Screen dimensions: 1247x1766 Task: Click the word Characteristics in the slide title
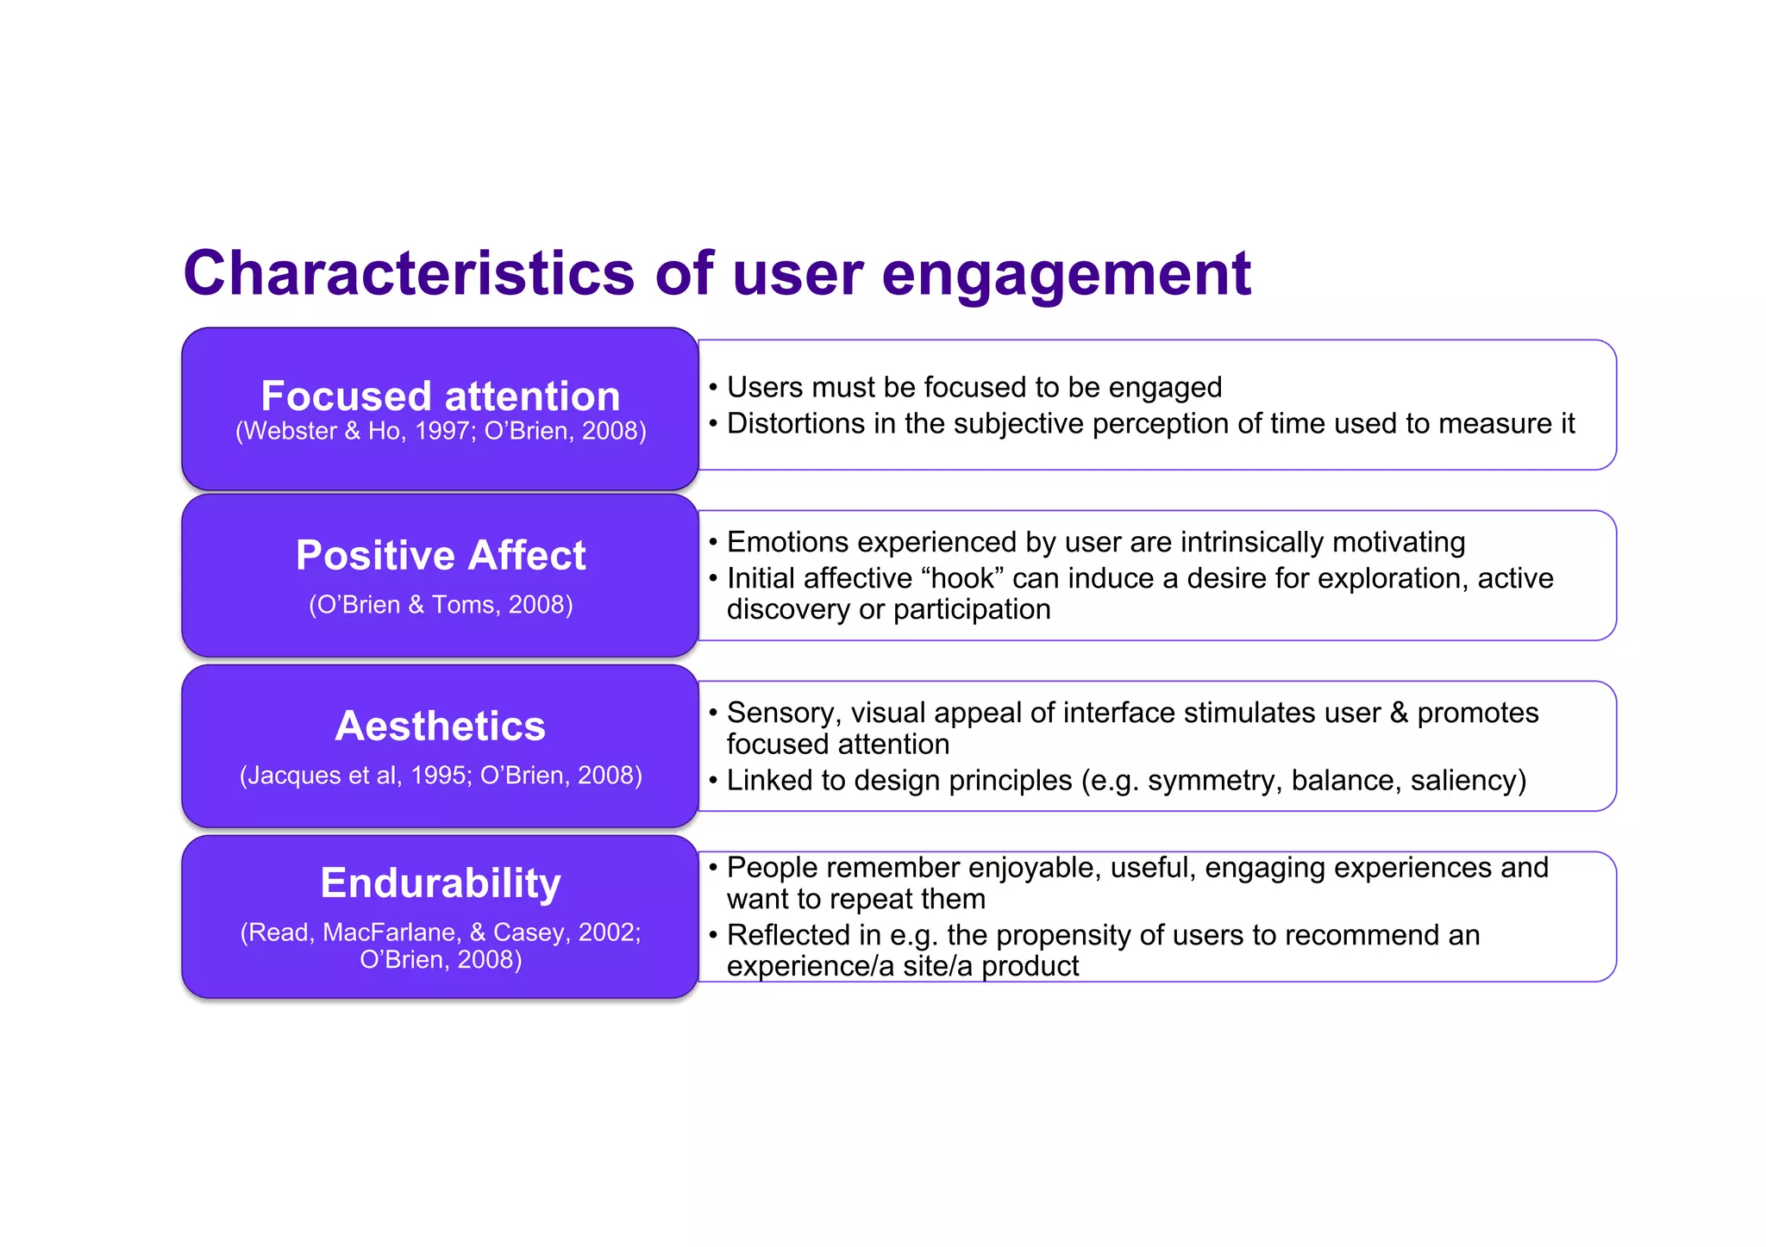[409, 274]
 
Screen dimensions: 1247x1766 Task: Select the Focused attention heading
[441, 396]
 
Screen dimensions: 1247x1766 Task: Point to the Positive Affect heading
[441, 555]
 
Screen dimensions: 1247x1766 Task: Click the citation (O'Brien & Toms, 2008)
[441, 605]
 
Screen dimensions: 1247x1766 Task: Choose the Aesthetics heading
[441, 726]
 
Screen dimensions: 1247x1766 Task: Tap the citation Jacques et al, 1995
[355, 776]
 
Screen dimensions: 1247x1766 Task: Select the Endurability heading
[441, 883]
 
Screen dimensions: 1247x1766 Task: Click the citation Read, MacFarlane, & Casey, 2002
[441, 932]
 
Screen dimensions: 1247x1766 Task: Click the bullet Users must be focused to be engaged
[974, 388]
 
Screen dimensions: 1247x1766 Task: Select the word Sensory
[783, 714]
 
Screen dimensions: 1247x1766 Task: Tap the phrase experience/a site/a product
[902, 966]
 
